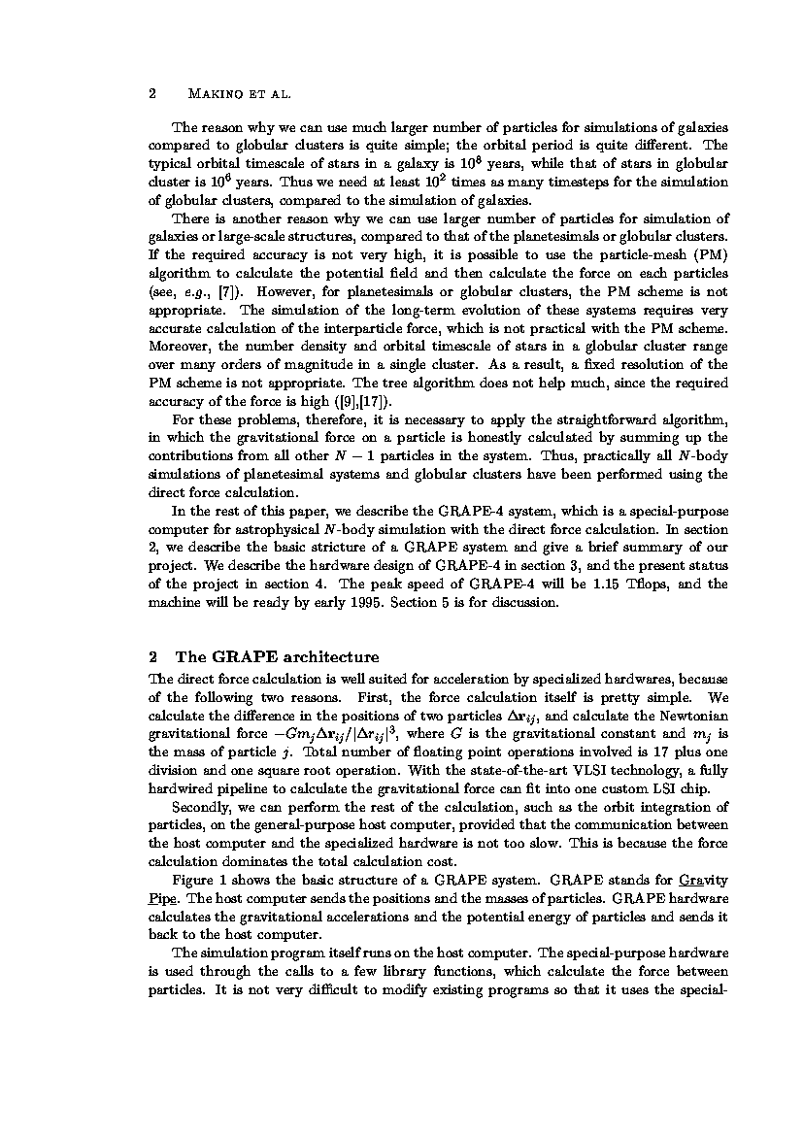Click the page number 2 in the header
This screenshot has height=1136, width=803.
point(151,94)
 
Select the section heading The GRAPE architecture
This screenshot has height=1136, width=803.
point(277,656)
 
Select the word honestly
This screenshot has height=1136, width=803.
point(476,438)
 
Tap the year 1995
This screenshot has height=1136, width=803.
point(350,602)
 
